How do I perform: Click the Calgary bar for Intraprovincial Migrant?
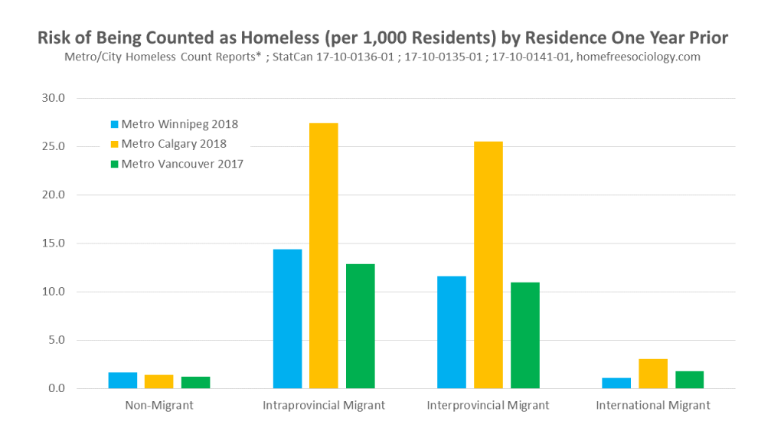[323, 256]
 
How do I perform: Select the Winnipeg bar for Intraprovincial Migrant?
[287, 318]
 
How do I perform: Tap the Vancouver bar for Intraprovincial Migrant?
[360, 326]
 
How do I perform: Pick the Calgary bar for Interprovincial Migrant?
[488, 265]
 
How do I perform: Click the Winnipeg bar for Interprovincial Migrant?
[451, 332]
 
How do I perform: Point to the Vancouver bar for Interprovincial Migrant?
[524, 335]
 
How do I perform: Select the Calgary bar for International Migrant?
[653, 374]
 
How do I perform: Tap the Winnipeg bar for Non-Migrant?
[122, 381]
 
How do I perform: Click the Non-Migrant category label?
[159, 405]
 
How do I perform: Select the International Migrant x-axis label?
[653, 405]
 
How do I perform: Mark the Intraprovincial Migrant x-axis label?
[323, 405]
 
